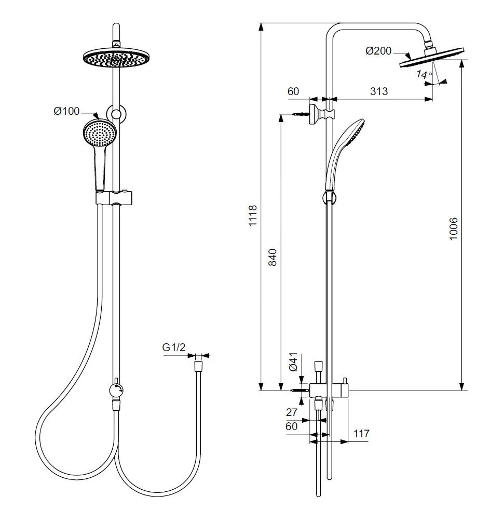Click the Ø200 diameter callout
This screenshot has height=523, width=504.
[x=378, y=51]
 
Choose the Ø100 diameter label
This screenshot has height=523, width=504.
[x=66, y=111]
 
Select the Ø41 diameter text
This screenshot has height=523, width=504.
[x=293, y=361]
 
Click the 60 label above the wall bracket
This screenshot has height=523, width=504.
[x=293, y=91]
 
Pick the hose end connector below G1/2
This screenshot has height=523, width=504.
[x=198, y=366]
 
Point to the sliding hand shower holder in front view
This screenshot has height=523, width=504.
[x=115, y=198]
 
